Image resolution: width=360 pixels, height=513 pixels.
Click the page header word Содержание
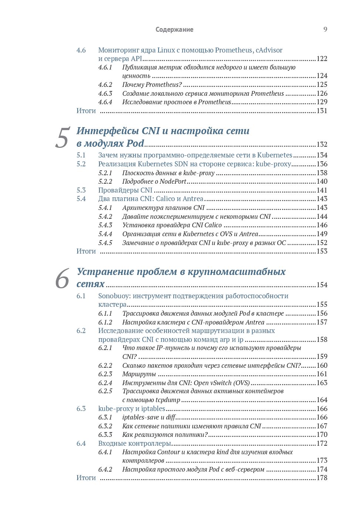(x=174, y=30)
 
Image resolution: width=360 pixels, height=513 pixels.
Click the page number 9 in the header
(x=325, y=29)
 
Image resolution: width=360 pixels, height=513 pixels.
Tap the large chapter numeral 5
(x=62, y=138)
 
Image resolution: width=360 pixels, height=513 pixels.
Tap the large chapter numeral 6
(x=62, y=279)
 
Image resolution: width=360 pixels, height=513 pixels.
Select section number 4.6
(x=81, y=50)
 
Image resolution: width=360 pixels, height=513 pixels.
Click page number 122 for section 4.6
(x=322, y=59)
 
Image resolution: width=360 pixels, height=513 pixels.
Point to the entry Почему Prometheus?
(x=152, y=85)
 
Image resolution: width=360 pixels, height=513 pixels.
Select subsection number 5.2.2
(x=105, y=181)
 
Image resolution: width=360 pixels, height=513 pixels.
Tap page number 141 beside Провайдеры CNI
(x=322, y=190)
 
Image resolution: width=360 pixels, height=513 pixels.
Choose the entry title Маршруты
(x=139, y=374)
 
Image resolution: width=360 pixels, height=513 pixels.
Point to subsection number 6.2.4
(x=105, y=383)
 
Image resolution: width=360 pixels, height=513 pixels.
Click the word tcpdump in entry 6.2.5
(x=167, y=400)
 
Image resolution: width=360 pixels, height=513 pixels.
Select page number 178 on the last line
(x=322, y=478)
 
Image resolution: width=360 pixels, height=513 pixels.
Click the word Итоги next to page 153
(x=86, y=251)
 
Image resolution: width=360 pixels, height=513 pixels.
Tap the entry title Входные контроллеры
(x=135, y=444)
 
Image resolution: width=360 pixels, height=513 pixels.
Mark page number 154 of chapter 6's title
(x=322, y=285)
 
